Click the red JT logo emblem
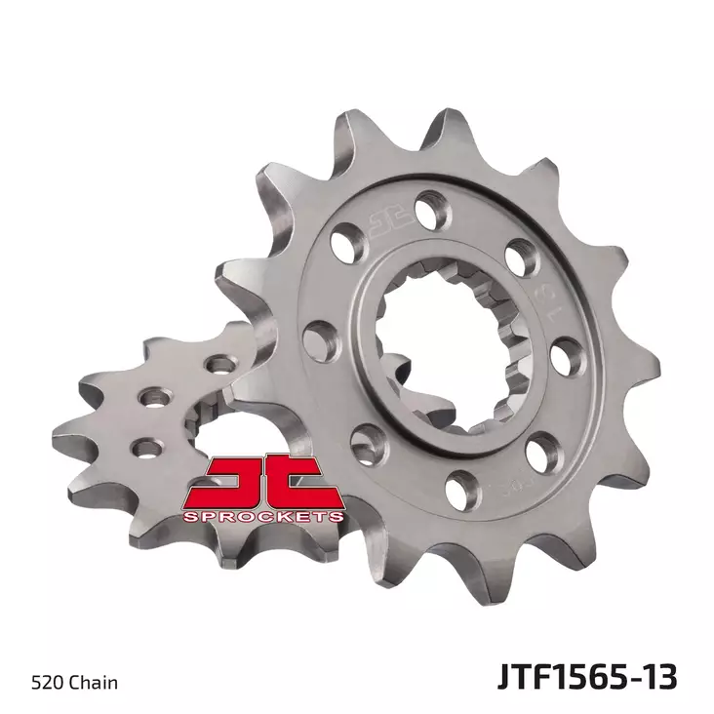[x=261, y=483]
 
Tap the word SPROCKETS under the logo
[x=261, y=515]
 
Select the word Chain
[x=96, y=682]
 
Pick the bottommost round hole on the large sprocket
[x=464, y=482]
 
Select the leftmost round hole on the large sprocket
[x=318, y=338]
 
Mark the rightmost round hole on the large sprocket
[x=566, y=355]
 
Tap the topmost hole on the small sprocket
[x=222, y=365]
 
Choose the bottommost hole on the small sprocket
[x=147, y=448]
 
